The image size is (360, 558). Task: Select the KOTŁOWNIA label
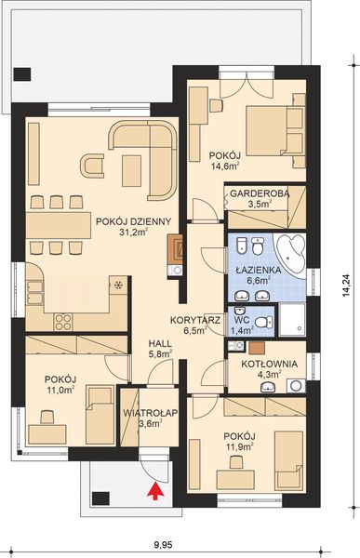coord(269,364)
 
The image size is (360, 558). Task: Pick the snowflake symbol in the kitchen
coord(117,286)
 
